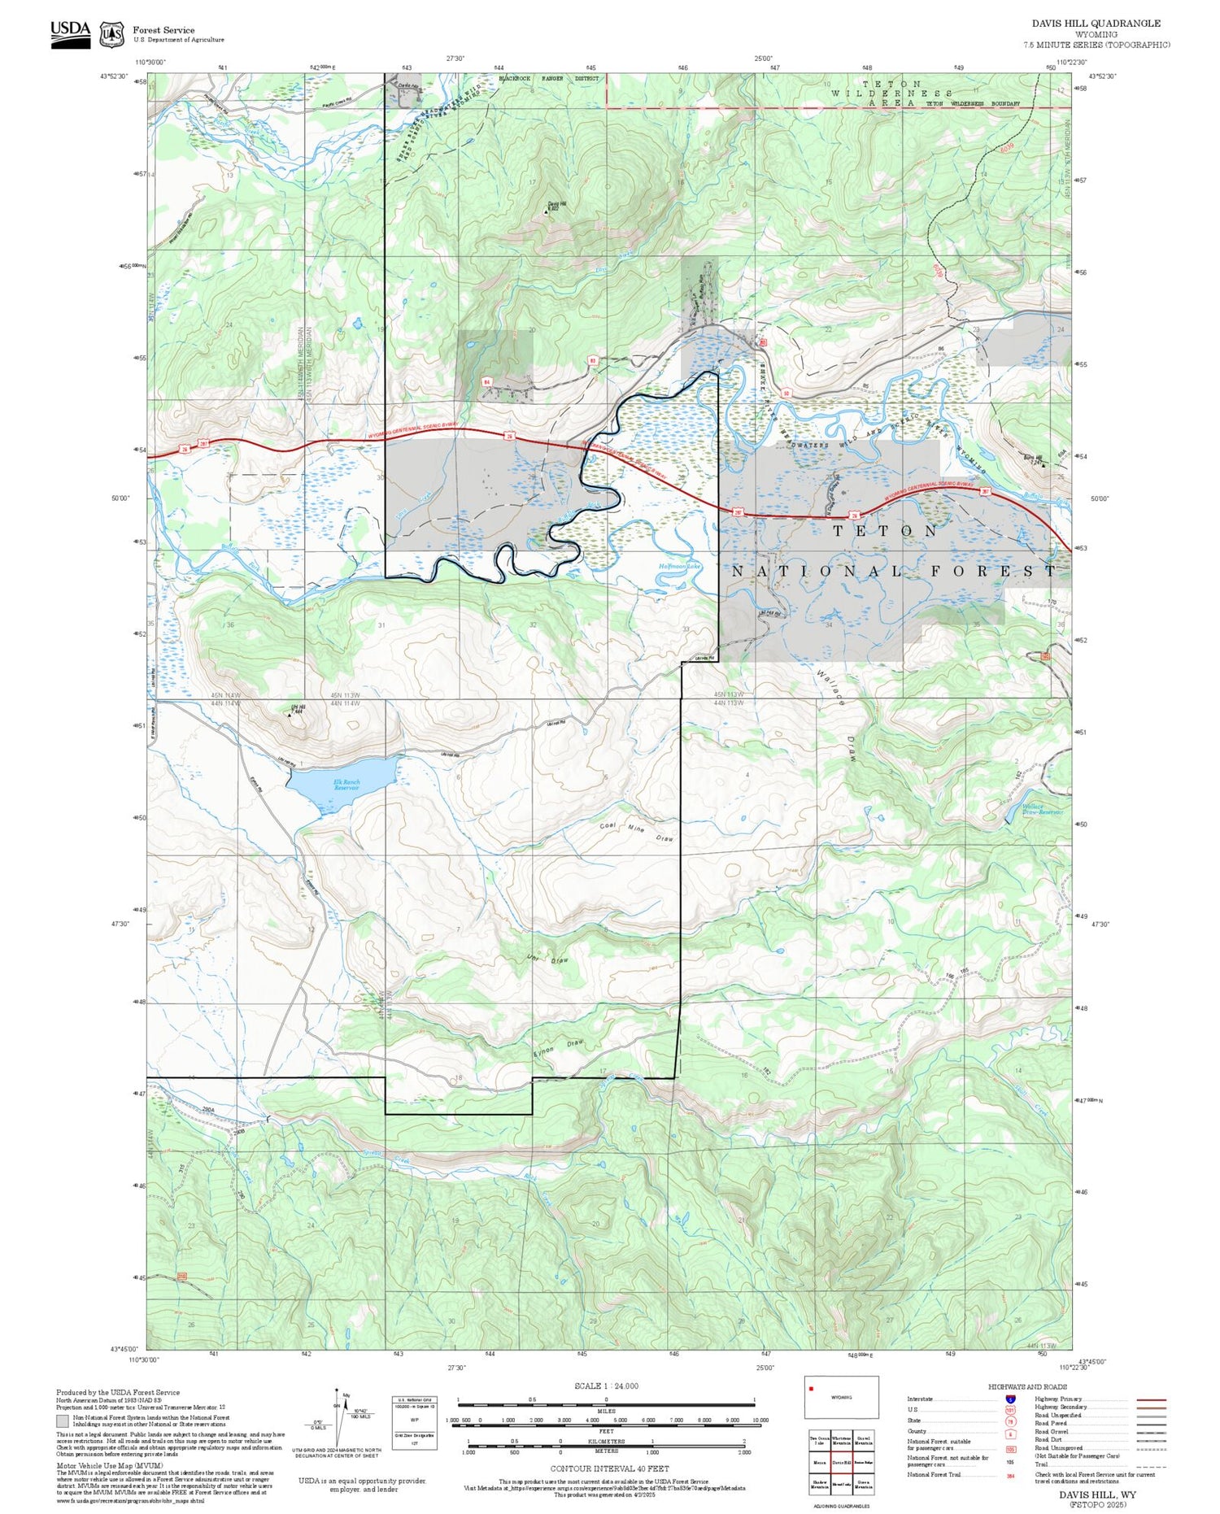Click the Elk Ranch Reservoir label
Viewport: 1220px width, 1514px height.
(x=346, y=785)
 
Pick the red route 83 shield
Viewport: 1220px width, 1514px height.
(x=593, y=359)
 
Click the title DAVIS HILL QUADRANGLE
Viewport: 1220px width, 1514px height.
(x=1096, y=24)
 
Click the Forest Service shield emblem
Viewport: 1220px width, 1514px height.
(x=111, y=34)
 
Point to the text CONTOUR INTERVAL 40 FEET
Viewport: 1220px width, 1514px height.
(x=609, y=1468)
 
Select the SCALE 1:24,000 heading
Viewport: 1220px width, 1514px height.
(x=606, y=1386)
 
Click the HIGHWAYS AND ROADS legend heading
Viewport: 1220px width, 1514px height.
(x=1027, y=1387)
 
